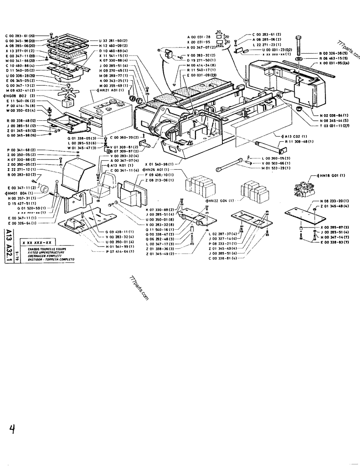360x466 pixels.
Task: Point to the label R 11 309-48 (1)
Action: coord(301,142)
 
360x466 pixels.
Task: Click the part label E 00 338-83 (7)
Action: coord(335,241)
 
